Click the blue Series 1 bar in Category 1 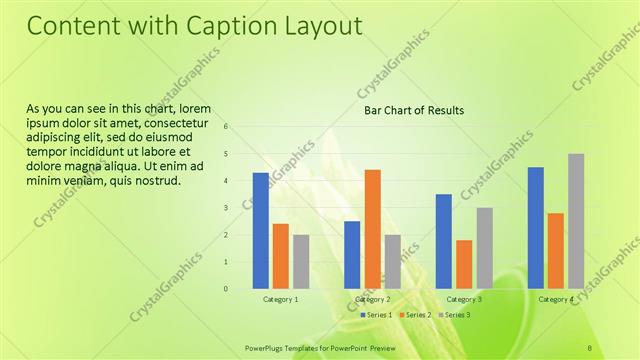click(x=260, y=230)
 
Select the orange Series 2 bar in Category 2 click(x=372, y=228)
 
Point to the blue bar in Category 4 click(x=536, y=227)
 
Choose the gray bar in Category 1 click(x=301, y=261)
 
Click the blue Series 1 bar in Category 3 click(x=444, y=241)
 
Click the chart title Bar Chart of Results click(x=413, y=110)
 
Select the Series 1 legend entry click(x=378, y=315)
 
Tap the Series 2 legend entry click(x=414, y=315)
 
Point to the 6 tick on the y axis click(x=227, y=127)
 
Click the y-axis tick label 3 click(x=227, y=208)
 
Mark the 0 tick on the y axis click(x=227, y=289)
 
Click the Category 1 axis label click(x=280, y=299)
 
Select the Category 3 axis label click(x=464, y=299)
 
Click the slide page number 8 click(x=590, y=347)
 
